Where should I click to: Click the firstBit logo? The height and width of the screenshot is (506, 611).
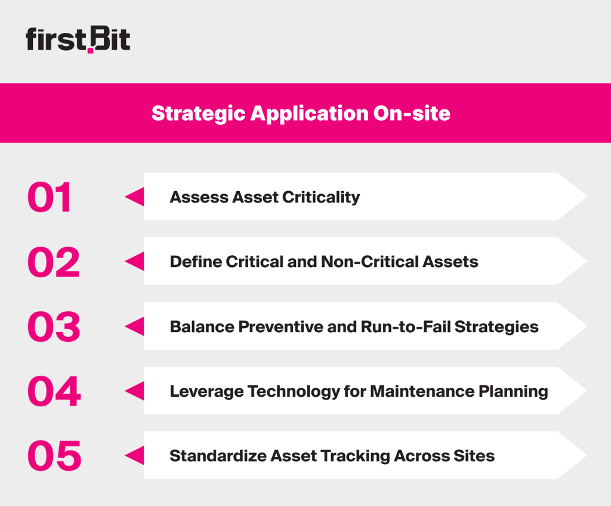click(x=78, y=39)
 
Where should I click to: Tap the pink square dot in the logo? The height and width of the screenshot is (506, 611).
click(x=91, y=50)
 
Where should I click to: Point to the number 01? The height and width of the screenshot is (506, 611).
click(x=50, y=198)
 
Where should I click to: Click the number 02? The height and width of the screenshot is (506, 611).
click(x=53, y=262)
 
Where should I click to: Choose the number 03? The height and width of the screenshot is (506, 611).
click(x=53, y=327)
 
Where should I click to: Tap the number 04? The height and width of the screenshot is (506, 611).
click(x=54, y=391)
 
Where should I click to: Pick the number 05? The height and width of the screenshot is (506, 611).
click(x=54, y=456)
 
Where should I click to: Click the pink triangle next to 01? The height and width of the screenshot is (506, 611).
click(x=135, y=197)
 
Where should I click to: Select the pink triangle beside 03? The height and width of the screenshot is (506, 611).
click(x=135, y=326)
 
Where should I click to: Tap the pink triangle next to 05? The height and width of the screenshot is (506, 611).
click(x=135, y=455)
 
